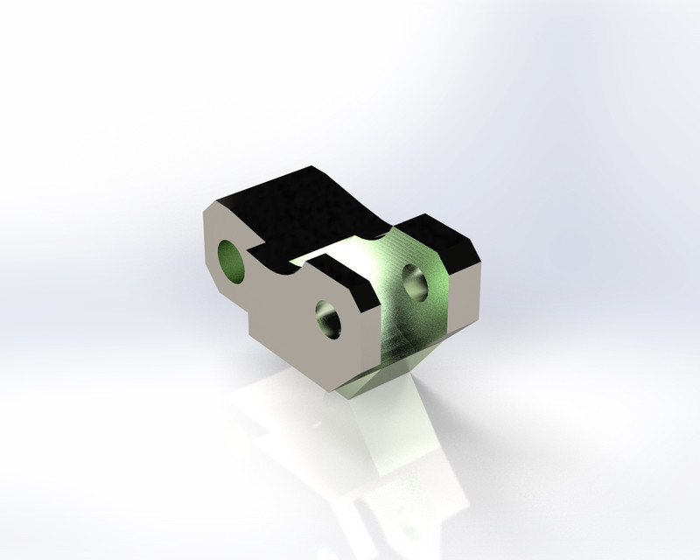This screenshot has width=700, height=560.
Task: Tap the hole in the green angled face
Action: pos(415,283)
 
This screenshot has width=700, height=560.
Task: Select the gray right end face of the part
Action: pos(464,293)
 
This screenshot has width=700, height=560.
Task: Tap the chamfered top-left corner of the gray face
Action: pos(210,213)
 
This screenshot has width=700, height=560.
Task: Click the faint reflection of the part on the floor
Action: pos(367,464)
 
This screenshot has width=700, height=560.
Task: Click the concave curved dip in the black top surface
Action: pos(350,223)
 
